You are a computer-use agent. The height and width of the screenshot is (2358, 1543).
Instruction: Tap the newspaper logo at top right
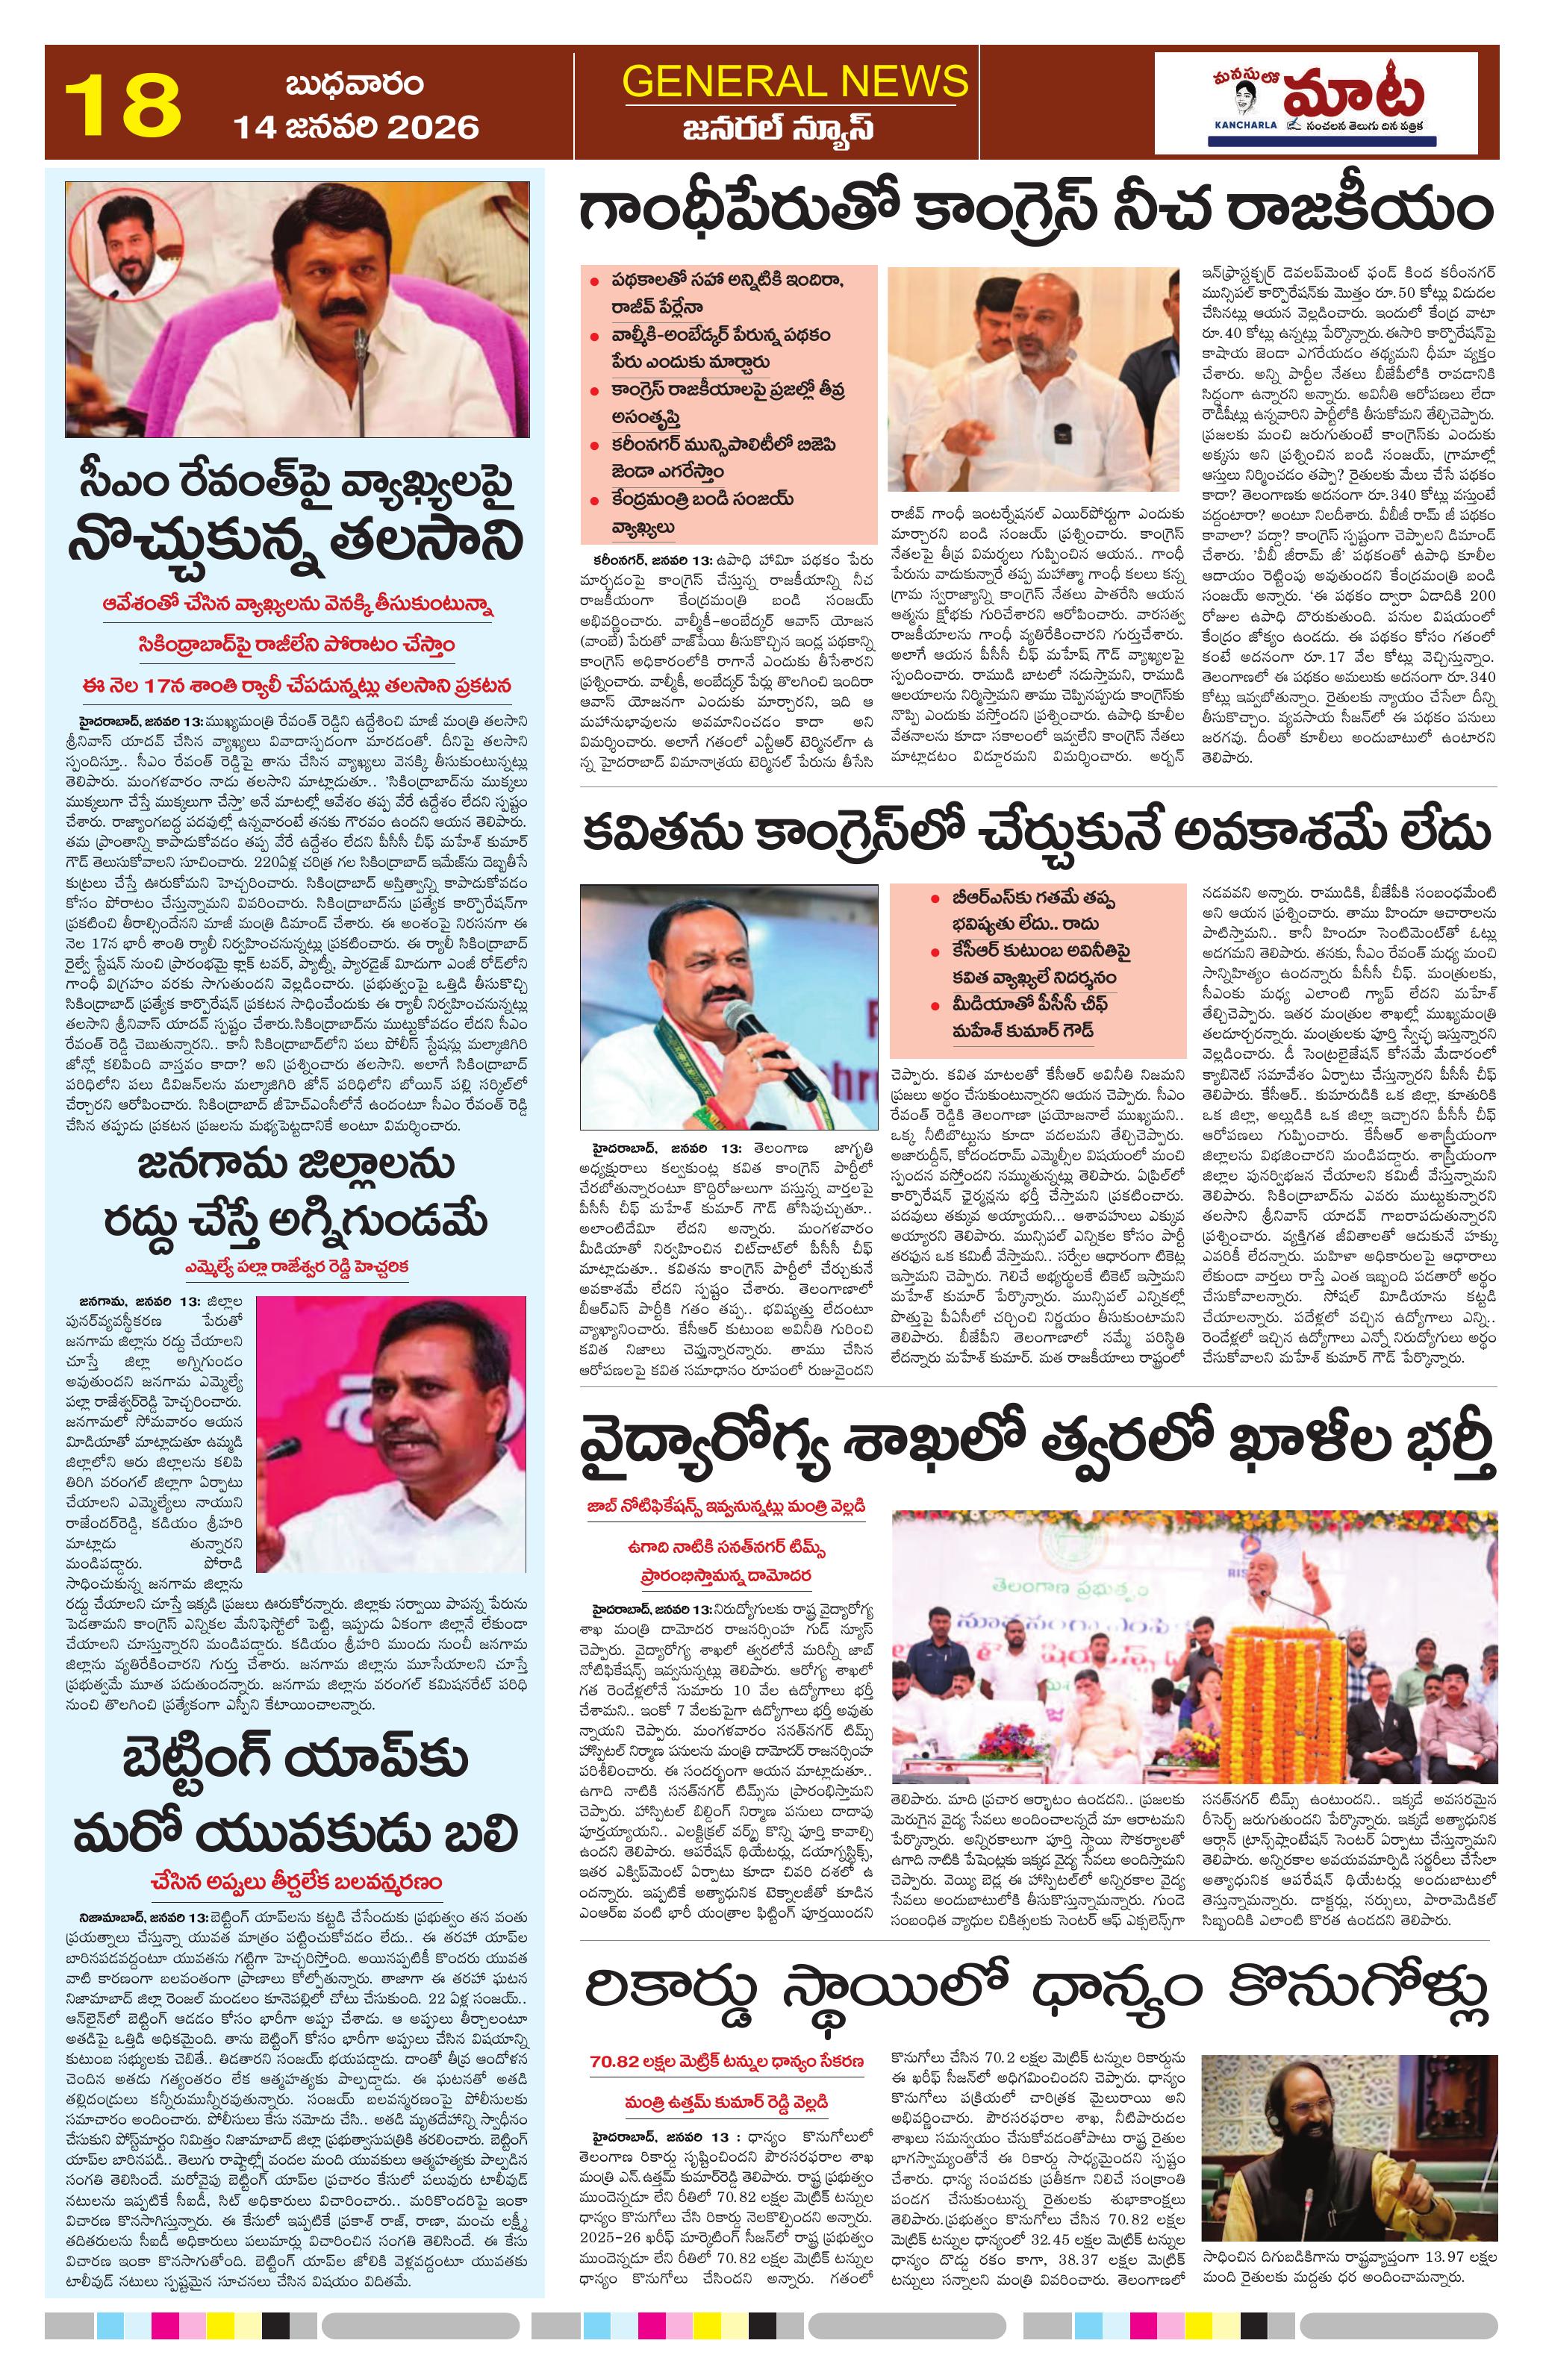pos(1326,104)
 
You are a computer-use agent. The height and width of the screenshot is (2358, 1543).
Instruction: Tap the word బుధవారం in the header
pos(354,84)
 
